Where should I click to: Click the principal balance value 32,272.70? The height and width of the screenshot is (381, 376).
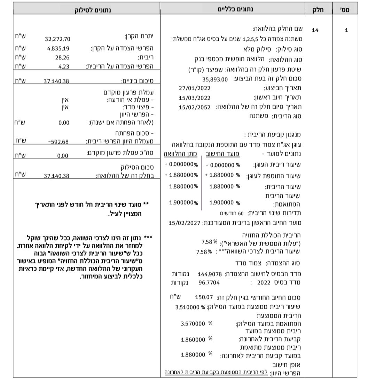click(x=57, y=39)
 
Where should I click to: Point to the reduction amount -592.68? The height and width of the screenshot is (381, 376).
click(x=58, y=141)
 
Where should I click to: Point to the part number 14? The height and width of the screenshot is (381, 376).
click(x=315, y=30)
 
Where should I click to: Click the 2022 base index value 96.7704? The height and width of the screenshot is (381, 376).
click(x=209, y=282)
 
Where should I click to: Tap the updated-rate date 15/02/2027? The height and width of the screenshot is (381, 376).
click(x=184, y=223)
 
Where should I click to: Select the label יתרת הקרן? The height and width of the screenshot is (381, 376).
click(x=139, y=36)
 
